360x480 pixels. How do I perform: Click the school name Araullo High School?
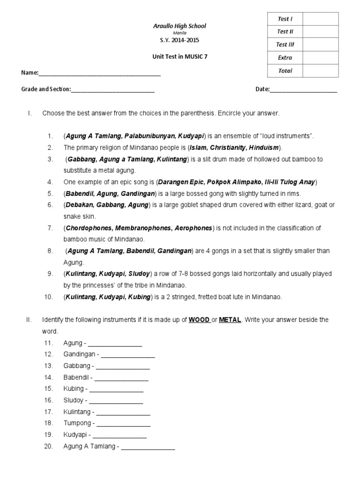tap(180, 26)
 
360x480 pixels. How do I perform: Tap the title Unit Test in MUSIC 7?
tap(180, 57)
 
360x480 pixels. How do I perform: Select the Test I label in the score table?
tap(285, 19)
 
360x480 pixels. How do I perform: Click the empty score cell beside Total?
tap(320, 71)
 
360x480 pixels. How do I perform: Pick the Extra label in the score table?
tap(285, 58)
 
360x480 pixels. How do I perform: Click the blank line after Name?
tap(99, 74)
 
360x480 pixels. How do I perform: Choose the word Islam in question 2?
tap(198, 148)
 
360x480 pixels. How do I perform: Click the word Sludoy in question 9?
tap(140, 273)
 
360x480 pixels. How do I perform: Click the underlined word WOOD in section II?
tap(199, 320)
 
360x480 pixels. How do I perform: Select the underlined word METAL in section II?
tap(230, 320)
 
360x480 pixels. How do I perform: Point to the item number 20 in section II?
tap(48, 447)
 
